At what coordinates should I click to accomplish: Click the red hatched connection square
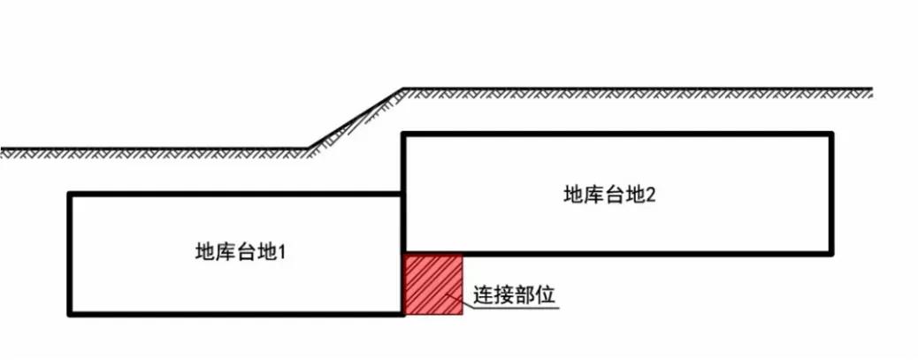[432, 283]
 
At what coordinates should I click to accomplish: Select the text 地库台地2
[609, 195]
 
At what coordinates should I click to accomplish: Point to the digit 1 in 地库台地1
[284, 252]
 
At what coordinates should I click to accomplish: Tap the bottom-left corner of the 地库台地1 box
[70, 313]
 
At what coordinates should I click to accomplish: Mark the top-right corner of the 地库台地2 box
[830, 134]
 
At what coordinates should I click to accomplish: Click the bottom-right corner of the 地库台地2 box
[830, 252]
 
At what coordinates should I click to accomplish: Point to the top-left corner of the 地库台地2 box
[404, 134]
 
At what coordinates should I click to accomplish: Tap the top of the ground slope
[402, 89]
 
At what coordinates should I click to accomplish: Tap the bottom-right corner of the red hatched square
[462, 313]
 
